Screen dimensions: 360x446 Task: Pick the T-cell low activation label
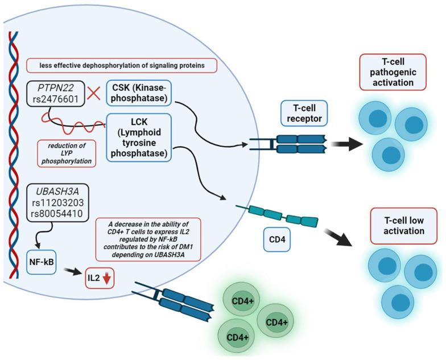click(x=396, y=224)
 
